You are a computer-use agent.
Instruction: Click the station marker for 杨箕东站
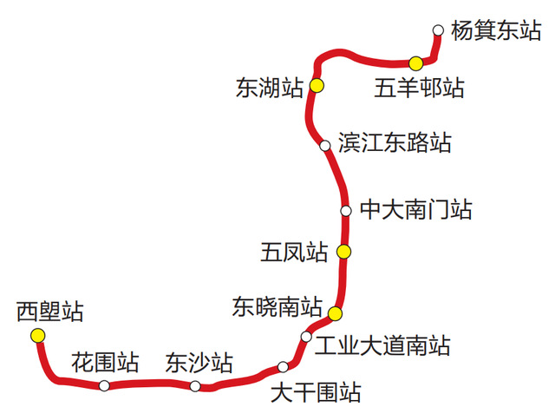438,31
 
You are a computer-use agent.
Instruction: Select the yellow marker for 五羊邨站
416,62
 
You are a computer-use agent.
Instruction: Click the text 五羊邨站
420,89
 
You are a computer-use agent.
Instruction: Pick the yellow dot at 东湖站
317,85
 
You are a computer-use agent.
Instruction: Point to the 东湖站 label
269,87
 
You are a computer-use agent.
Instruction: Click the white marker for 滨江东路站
325,145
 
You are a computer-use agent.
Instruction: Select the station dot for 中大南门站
346,211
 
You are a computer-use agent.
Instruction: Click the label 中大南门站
416,210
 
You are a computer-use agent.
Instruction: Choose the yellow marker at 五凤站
344,252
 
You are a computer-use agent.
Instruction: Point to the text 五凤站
294,253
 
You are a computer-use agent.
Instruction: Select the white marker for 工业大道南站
306,337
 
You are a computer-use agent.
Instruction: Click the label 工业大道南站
382,345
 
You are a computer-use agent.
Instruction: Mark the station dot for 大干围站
283,367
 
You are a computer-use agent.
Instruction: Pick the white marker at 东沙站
195,386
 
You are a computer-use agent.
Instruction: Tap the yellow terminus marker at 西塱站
37,335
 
